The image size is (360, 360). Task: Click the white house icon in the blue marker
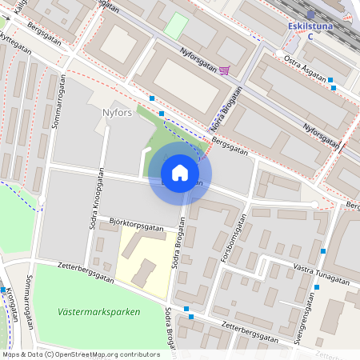(180, 173)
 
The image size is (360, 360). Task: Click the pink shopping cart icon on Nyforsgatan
(225, 70)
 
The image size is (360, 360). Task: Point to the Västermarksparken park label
(99, 312)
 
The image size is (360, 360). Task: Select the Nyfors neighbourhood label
(116, 112)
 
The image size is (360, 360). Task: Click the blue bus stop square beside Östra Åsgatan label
(331, 79)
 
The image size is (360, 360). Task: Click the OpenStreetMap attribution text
(80, 354)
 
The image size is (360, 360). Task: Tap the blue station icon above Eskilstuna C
(311, 14)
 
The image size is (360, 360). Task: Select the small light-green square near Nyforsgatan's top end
(175, 24)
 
